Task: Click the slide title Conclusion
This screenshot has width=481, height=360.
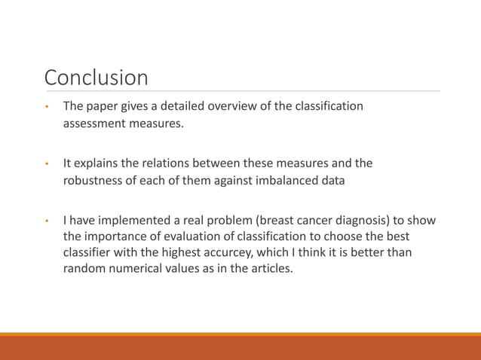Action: [x=96, y=78]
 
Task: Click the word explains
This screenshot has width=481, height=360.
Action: [x=97, y=163]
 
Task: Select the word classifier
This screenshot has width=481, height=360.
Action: [x=90, y=252]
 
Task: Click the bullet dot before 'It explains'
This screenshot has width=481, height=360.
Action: [x=46, y=164]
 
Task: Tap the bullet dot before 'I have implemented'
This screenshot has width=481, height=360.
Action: [x=46, y=221]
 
